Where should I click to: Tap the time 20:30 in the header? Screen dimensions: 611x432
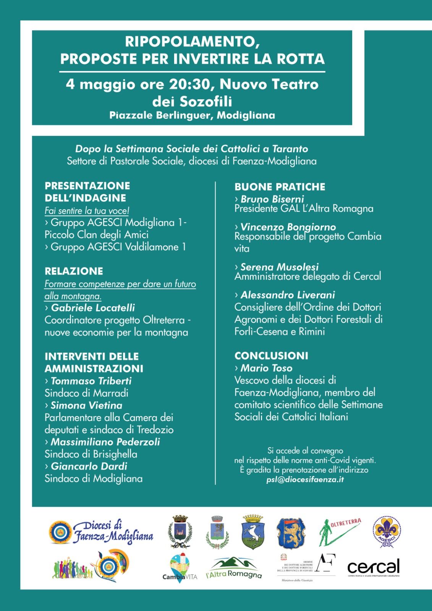pyautogui.click(x=191, y=84)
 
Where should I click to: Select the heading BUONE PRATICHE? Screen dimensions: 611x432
pyautogui.click(x=280, y=187)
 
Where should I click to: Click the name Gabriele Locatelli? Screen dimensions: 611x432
pyautogui.click(x=93, y=308)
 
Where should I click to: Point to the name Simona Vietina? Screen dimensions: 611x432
pyautogui.click(x=86, y=405)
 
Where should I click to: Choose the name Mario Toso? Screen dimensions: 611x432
pyautogui.click(x=266, y=368)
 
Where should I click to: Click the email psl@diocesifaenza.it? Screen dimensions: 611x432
pyautogui.click(x=305, y=480)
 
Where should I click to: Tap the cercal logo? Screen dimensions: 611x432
pyautogui.click(x=373, y=567)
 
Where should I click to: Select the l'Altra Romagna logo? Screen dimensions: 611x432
pyautogui.click(x=234, y=568)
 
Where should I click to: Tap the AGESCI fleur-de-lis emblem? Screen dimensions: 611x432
pyautogui.click(x=387, y=531)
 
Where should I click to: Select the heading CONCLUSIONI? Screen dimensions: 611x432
pyautogui.click(x=271, y=356)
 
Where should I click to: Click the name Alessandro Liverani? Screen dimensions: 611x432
pyautogui.click(x=288, y=295)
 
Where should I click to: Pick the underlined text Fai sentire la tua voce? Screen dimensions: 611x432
pyautogui.click(x=87, y=211)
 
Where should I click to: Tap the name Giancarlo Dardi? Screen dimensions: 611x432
pyautogui.click(x=89, y=466)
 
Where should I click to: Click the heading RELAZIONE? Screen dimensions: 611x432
pyautogui.click(x=74, y=271)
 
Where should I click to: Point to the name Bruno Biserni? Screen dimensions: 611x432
pyautogui.click(x=272, y=199)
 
